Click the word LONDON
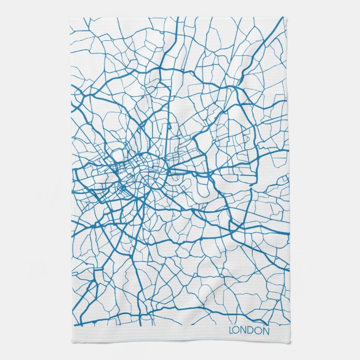pyautogui.click(x=249, y=331)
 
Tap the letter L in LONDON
pyautogui.click(x=231, y=331)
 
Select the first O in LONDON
pyautogui.click(x=238, y=331)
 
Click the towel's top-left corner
pyautogui.click(x=70, y=17)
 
